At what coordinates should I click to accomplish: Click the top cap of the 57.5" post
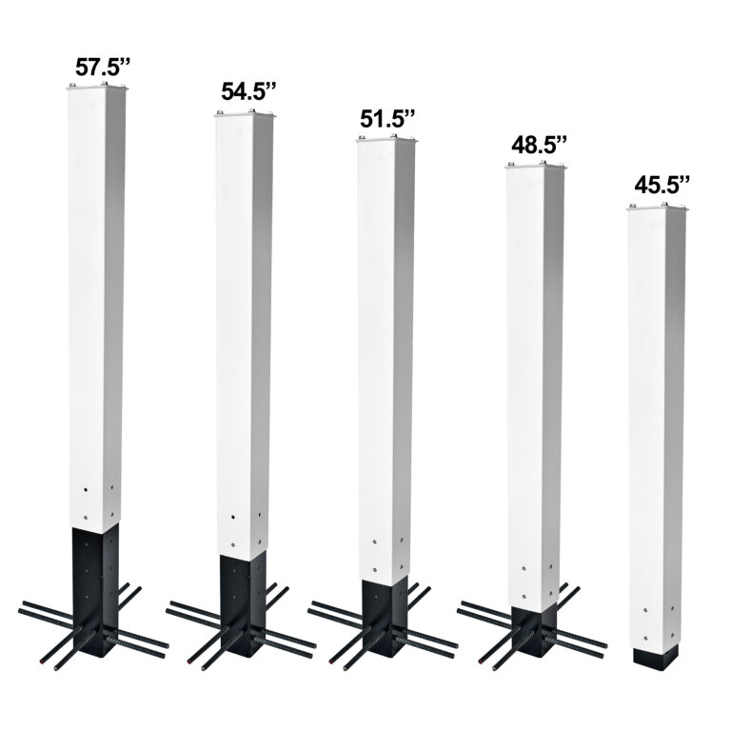97,89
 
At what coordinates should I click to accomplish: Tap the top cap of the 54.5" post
245,115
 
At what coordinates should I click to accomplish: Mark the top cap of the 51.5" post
387,141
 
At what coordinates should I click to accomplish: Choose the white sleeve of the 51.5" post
387,362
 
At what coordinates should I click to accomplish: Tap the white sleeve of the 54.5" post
245,333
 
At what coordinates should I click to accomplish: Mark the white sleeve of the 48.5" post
534,381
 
